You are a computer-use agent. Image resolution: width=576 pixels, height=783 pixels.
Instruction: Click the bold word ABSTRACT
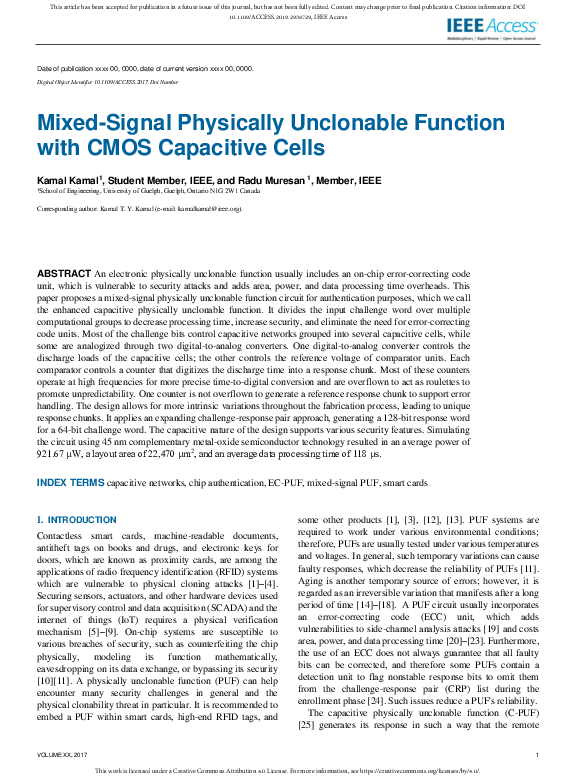pyautogui.click(x=64, y=273)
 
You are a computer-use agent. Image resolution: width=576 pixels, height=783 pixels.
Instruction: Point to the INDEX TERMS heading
pyautogui.click(x=70, y=482)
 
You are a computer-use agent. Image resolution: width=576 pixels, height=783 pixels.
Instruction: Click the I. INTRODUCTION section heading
pyautogui.click(x=77, y=521)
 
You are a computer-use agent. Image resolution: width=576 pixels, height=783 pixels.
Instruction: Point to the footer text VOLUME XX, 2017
pyautogui.click(x=62, y=754)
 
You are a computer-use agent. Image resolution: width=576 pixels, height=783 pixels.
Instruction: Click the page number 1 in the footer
pyautogui.click(x=538, y=754)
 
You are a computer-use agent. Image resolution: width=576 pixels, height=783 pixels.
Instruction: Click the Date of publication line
pyautogui.click(x=145, y=68)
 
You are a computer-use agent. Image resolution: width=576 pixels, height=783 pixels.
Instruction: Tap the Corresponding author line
pyautogui.click(x=139, y=210)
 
